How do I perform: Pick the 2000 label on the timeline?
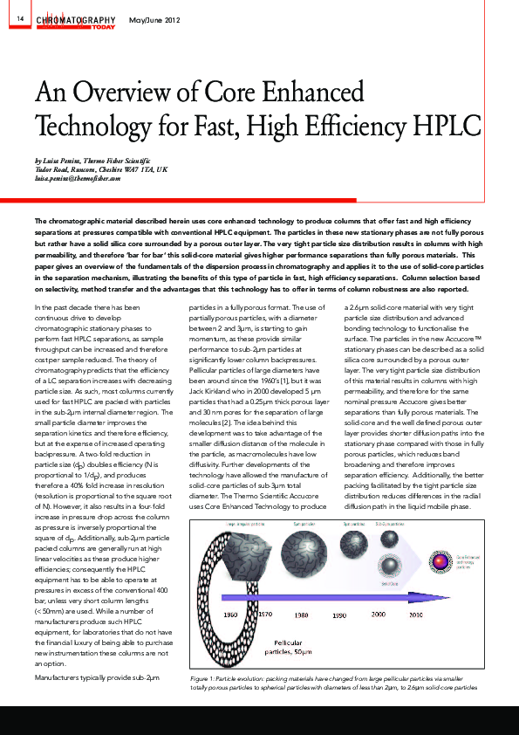[x=379, y=615]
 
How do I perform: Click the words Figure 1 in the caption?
[x=204, y=677]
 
